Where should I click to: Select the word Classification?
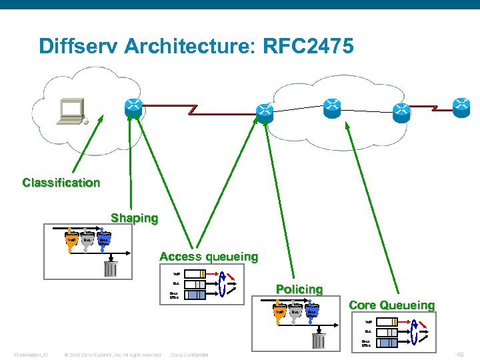click(x=61, y=183)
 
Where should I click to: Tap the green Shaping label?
click(x=135, y=218)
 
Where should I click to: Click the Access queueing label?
click(x=209, y=257)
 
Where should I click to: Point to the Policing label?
click(x=299, y=289)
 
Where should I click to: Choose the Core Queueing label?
click(x=391, y=305)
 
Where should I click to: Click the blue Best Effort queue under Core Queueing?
click(x=387, y=343)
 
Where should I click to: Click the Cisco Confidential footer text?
click(x=189, y=355)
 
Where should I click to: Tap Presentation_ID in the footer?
click(x=31, y=355)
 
